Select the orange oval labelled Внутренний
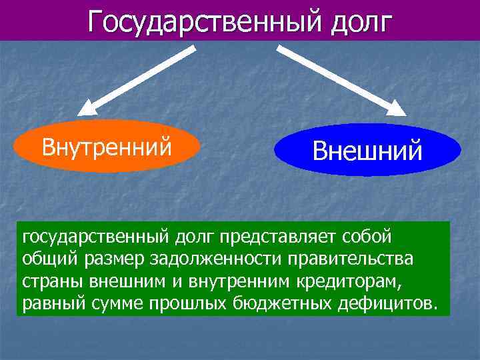(x=107, y=146)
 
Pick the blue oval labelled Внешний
(x=367, y=150)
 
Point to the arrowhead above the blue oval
(x=397, y=109)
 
